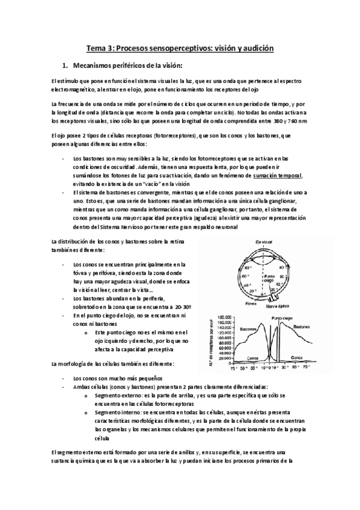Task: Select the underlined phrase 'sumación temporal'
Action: point(278,174)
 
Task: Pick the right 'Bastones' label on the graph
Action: point(305,325)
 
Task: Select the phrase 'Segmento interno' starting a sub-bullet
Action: point(116,413)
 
